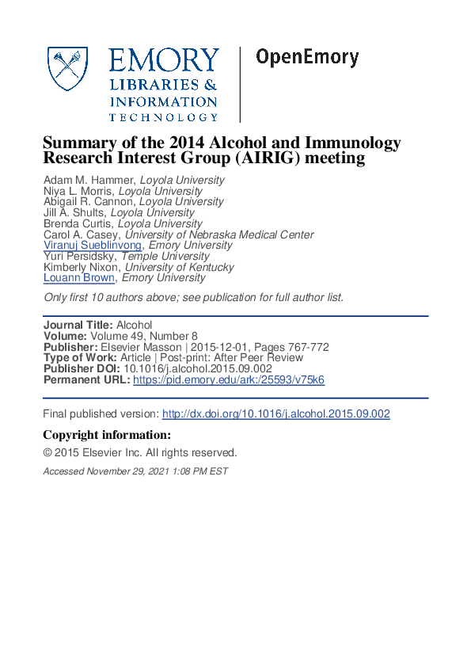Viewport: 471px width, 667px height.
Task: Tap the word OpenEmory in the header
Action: pyautogui.click(x=306, y=58)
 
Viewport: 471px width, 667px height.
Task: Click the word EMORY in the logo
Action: pyautogui.click(x=163, y=61)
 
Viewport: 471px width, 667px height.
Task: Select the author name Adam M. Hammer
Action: pyautogui.click(x=89, y=180)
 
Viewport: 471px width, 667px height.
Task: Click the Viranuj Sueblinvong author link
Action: pyautogui.click(x=93, y=246)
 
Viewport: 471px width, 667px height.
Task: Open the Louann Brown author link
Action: pyautogui.click(x=79, y=278)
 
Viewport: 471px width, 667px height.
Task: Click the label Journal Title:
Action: pyautogui.click(x=78, y=326)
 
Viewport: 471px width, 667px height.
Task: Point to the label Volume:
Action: pyautogui.click(x=66, y=337)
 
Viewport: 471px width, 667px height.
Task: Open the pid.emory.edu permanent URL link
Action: pyautogui.click(x=229, y=380)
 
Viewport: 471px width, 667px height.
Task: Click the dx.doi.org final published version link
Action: pyautogui.click(x=275, y=414)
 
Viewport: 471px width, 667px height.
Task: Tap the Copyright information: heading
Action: pyautogui.click(x=106, y=435)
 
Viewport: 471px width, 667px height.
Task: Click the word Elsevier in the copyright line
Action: pyautogui.click(x=102, y=453)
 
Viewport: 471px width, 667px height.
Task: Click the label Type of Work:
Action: pyautogui.click(x=80, y=358)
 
